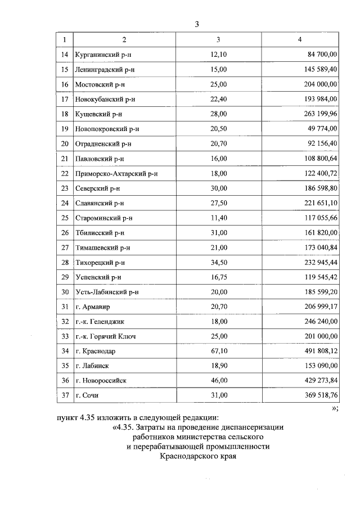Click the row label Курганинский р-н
click(106, 55)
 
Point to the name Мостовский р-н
click(102, 84)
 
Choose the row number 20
click(64, 143)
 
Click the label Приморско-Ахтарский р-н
click(116, 173)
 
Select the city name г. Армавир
click(93, 307)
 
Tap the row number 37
click(64, 395)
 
